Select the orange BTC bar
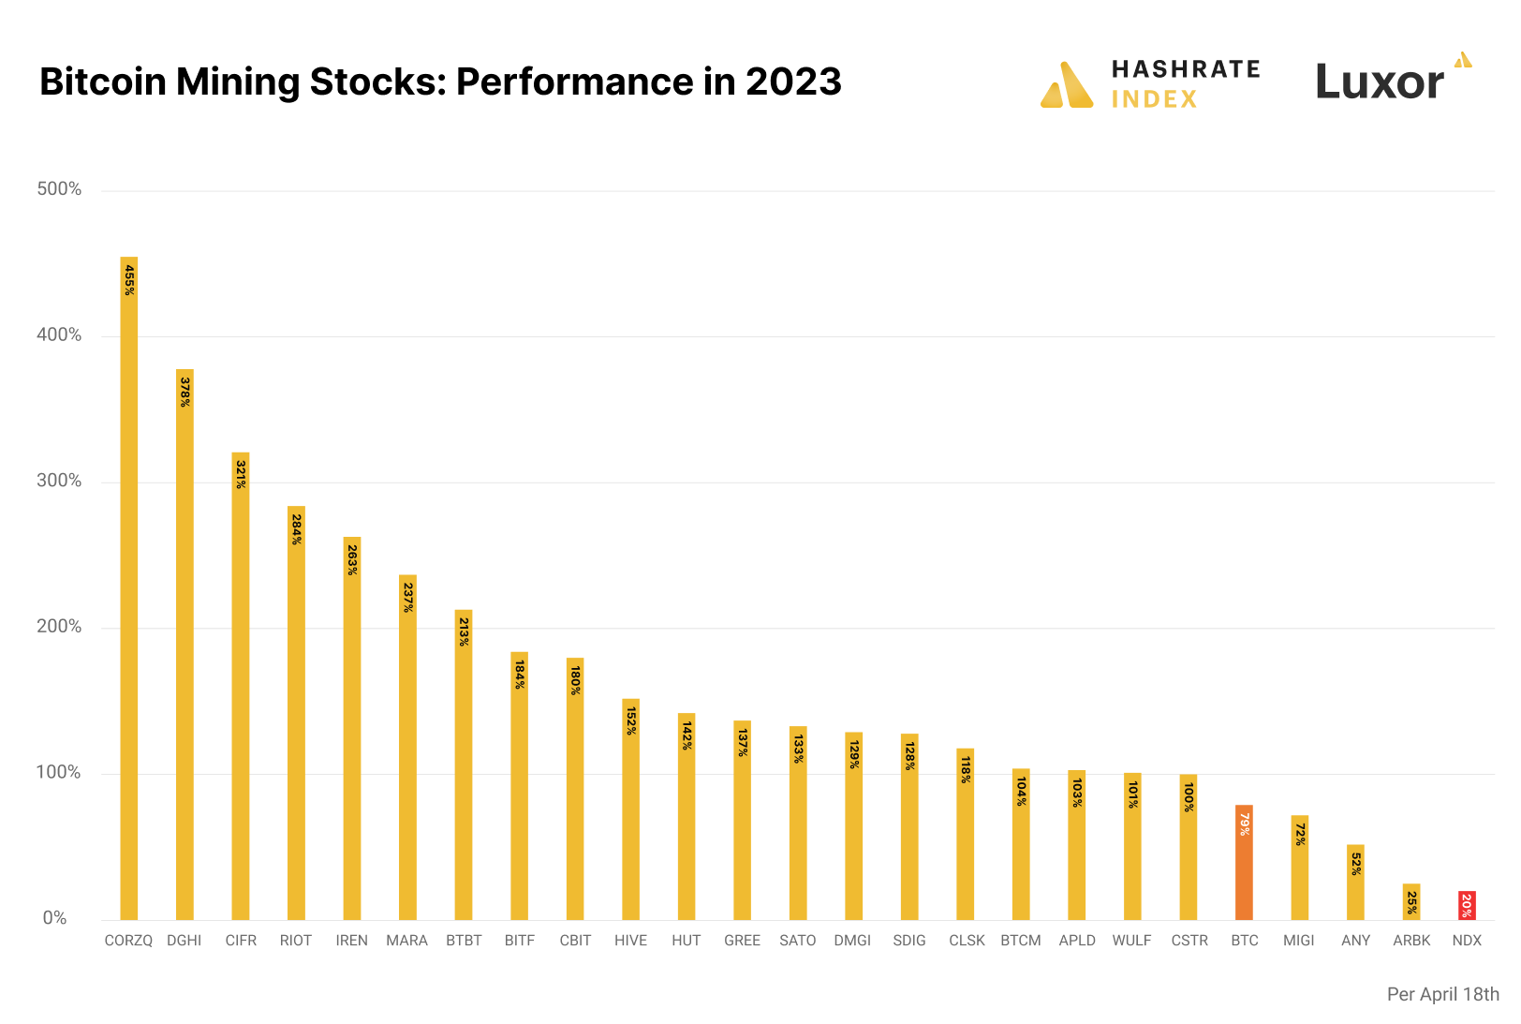1244,862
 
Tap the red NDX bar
1467,905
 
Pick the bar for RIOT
296,712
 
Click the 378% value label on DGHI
185,392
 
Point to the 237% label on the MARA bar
407,598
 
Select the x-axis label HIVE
630,941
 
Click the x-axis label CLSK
967,941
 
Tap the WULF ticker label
1131,941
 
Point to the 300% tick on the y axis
59,481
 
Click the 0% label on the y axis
54,918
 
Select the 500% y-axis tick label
59,189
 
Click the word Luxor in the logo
1380,82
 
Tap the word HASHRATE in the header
1186,69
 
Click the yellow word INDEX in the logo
1154,99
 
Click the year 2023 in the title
793,82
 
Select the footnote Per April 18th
1442,994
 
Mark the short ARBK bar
1411,901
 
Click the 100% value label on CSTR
1188,797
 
